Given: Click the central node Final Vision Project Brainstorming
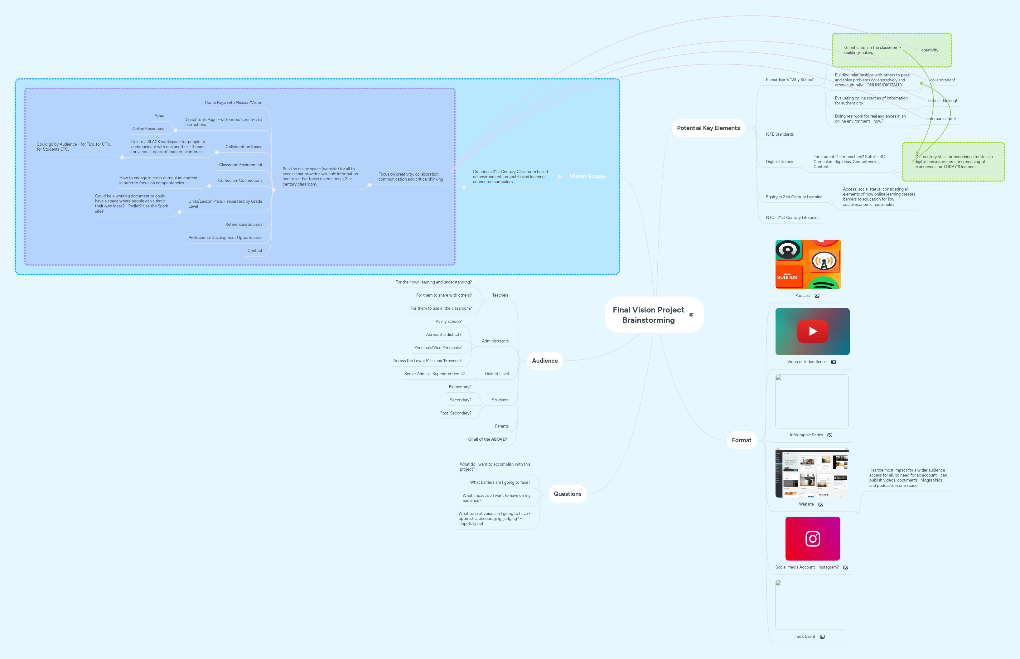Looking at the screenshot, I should click(x=648, y=315).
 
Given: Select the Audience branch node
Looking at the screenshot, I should click(x=545, y=361).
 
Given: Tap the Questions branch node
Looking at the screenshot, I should click(x=567, y=494).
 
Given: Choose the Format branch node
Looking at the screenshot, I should click(x=741, y=440).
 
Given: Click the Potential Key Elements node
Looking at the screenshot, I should click(x=708, y=128).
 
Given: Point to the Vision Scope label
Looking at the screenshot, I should click(x=587, y=176).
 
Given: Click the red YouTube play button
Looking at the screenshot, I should click(x=813, y=331).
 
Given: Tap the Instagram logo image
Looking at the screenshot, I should click(x=813, y=539).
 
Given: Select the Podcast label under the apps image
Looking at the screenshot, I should click(x=802, y=296).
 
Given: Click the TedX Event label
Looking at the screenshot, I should click(x=804, y=636).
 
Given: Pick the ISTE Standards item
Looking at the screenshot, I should click(x=780, y=134).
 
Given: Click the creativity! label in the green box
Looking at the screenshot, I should click(x=930, y=50).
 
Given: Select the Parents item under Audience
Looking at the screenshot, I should click(x=501, y=426).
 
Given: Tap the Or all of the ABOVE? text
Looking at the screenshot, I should click(x=487, y=439).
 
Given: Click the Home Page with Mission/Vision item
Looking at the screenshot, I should click(x=233, y=103).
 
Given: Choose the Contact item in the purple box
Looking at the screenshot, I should click(x=254, y=251).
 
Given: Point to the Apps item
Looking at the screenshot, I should click(x=159, y=115).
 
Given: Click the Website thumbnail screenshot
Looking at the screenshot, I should click(x=812, y=473).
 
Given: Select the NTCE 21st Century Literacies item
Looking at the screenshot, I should click(x=792, y=218).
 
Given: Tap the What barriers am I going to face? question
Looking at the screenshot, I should click(x=500, y=482).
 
